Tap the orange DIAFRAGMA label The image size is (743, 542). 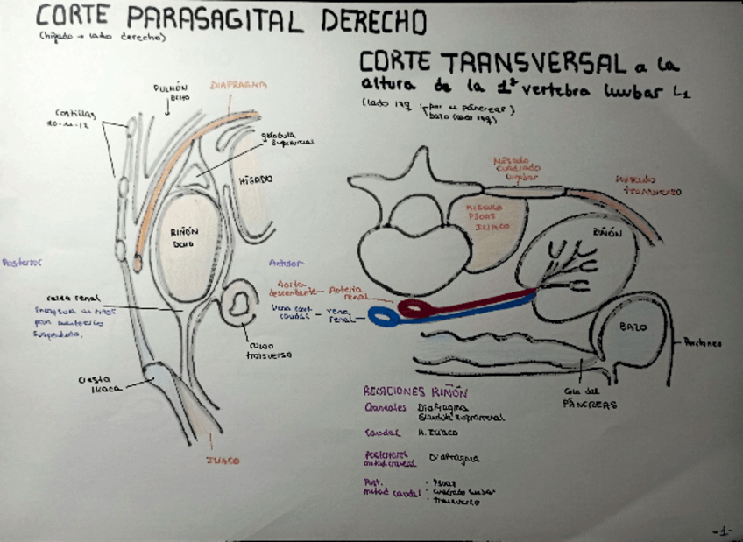[x=238, y=86]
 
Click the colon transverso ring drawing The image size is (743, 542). [x=238, y=305]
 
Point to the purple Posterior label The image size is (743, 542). [x=22, y=261]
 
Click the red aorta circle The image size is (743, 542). [x=414, y=308]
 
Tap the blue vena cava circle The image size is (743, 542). [x=382, y=316]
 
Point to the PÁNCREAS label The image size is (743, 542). [x=589, y=405]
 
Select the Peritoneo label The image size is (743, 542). [x=704, y=344]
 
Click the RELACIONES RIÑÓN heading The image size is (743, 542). [x=416, y=392]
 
